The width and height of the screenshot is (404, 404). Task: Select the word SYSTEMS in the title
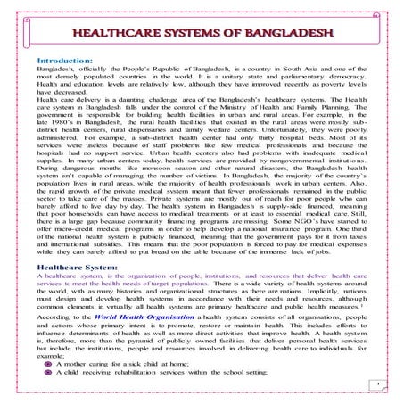(207, 34)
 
